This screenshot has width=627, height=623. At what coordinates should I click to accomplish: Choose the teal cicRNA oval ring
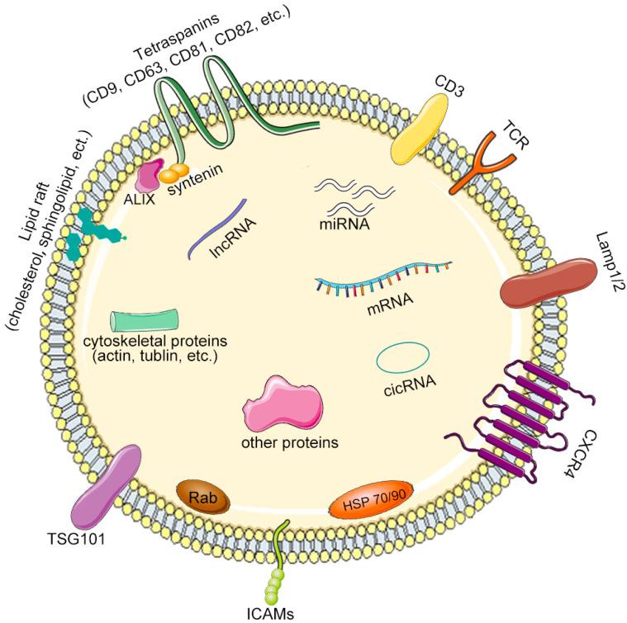pyautogui.click(x=402, y=357)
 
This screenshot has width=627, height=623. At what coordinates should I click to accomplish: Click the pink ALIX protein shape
pyautogui.click(x=150, y=176)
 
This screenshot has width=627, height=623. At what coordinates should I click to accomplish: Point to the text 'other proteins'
pyautogui.click(x=289, y=441)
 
